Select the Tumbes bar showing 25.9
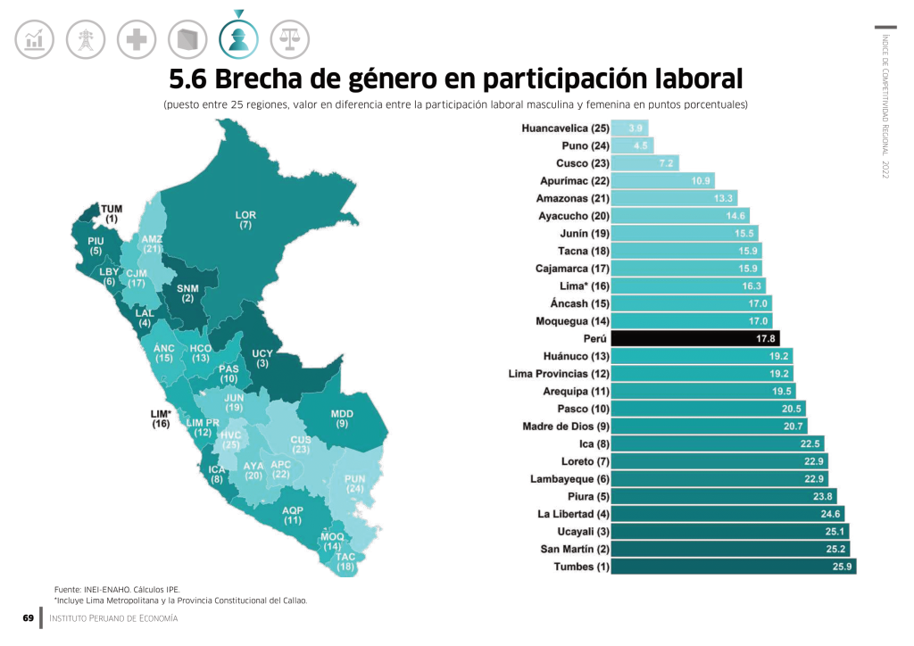733,567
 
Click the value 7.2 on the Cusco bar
666,163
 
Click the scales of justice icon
290,38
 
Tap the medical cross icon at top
137,38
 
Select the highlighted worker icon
238,38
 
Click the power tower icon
86,38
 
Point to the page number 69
28,618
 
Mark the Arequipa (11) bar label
576,392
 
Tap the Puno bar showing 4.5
639,145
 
